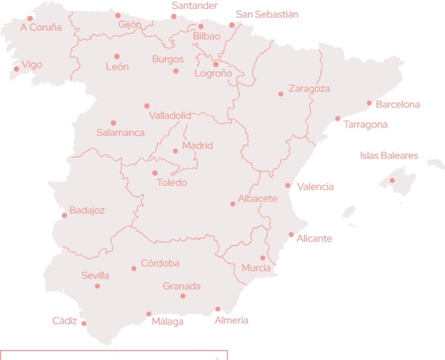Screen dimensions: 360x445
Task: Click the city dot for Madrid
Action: pyautogui.click(x=175, y=151)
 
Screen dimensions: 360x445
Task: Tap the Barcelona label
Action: pyautogui.click(x=397, y=105)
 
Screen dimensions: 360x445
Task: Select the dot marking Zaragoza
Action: pyautogui.click(x=281, y=94)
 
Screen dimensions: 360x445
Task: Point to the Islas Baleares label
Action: pyautogui.click(x=389, y=156)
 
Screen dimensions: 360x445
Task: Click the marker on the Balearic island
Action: pyautogui.click(x=393, y=181)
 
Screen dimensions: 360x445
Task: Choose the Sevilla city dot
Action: pyautogui.click(x=98, y=286)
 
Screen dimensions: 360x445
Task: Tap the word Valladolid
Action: pyautogui.click(x=170, y=115)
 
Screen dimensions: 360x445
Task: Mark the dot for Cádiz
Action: pyautogui.click(x=84, y=324)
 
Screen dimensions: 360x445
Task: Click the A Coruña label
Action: pyautogui.click(x=41, y=28)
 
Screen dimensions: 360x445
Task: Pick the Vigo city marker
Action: pyautogui.click(x=16, y=69)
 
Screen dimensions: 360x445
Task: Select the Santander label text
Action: pyautogui.click(x=195, y=6)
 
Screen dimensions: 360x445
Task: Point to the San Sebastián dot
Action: pyautogui.click(x=232, y=25)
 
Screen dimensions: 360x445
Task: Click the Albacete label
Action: pyautogui.click(x=257, y=199)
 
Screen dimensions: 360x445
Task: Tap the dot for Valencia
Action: pyautogui.click(x=288, y=186)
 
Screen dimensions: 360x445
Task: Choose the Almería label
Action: pyautogui.click(x=232, y=321)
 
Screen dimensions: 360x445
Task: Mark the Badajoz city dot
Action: pyautogui.click(x=65, y=215)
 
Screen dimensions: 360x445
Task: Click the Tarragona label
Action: pyautogui.click(x=365, y=125)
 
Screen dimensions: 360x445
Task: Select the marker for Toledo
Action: pyautogui.click(x=155, y=173)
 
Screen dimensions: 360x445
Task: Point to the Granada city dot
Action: pyautogui.click(x=183, y=296)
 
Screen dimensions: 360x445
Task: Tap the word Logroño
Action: pyautogui.click(x=213, y=74)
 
